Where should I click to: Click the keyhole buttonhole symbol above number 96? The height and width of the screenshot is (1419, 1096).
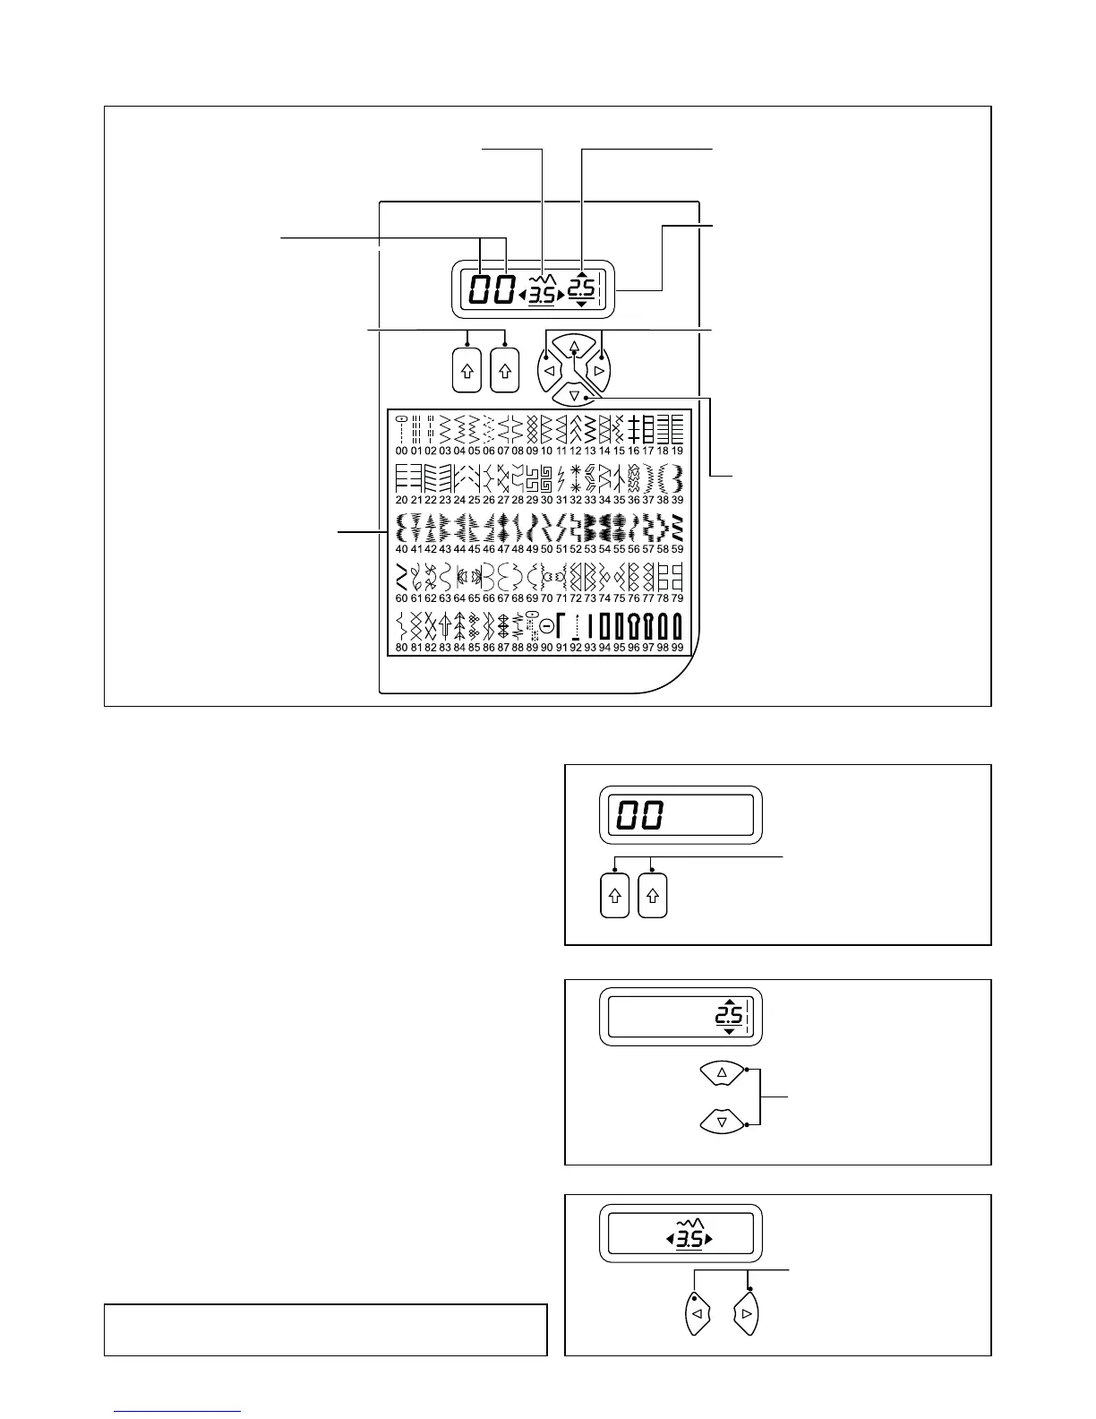click(x=634, y=626)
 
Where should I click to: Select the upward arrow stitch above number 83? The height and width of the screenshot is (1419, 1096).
click(x=445, y=626)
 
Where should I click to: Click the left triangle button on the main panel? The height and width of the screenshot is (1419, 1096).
click(x=549, y=369)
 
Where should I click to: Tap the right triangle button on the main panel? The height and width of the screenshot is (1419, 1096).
click(x=601, y=369)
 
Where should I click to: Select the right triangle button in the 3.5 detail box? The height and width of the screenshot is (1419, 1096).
click(x=746, y=1315)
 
